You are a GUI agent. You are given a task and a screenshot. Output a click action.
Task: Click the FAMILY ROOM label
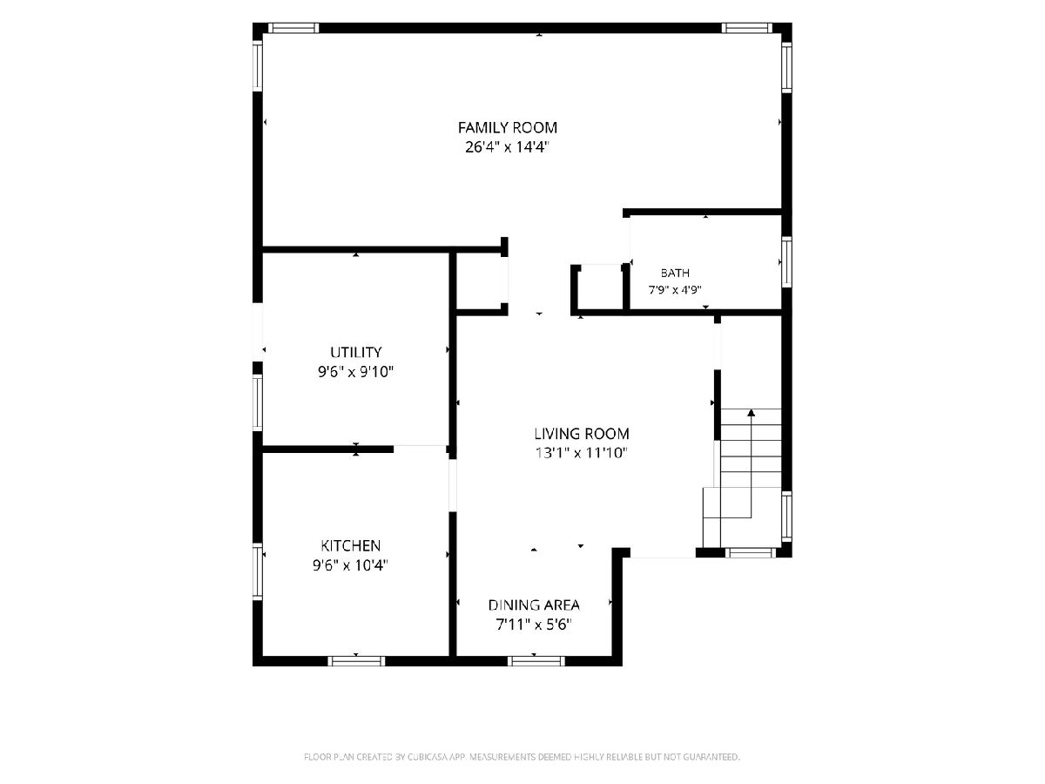507,127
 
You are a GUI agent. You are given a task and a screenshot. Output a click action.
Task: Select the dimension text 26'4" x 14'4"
507,147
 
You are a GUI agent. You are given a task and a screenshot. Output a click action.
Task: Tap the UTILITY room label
355,352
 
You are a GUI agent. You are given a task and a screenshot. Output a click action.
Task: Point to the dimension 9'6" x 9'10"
355,372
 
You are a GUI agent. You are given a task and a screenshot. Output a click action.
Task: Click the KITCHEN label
350,545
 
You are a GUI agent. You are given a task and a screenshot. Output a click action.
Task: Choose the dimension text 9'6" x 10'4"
350,565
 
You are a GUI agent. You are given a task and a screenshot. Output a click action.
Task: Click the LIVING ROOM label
582,434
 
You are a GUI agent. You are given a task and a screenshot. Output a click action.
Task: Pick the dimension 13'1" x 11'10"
582,453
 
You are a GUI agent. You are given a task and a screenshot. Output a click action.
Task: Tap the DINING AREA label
534,605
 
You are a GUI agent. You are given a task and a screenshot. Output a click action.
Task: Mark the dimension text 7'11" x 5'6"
534,625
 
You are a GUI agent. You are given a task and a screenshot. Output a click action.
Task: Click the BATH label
675,274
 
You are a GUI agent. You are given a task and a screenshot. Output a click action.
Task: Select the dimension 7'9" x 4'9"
675,290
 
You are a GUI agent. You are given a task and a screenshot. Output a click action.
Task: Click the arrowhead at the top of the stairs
752,412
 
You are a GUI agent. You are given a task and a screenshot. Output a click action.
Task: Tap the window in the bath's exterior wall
787,262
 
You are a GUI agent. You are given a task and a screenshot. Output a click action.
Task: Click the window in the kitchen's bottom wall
355,660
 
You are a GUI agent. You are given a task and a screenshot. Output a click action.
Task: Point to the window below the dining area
536,660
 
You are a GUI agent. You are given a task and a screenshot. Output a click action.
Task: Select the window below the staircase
751,552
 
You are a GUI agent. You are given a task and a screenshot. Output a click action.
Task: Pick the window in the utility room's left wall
258,402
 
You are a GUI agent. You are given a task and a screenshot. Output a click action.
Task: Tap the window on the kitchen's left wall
258,571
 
